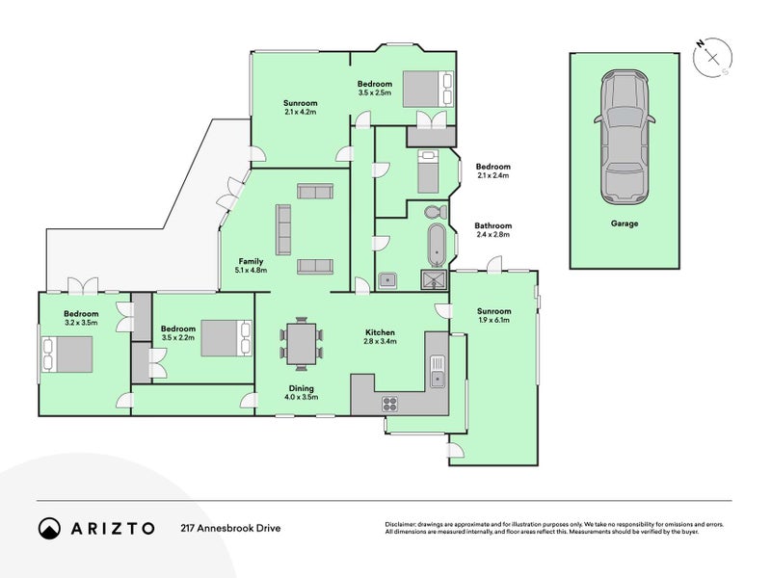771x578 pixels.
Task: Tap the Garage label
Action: [x=624, y=223]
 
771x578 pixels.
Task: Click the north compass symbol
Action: [x=712, y=57]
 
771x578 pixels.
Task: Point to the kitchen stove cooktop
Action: [x=390, y=404]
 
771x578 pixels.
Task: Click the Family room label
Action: [x=253, y=266]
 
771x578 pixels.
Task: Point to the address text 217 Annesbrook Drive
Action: [x=231, y=528]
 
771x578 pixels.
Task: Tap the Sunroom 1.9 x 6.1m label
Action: [x=494, y=316]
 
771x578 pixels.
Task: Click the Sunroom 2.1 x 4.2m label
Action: [x=300, y=107]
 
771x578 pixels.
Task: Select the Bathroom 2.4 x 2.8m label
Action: [x=492, y=230]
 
